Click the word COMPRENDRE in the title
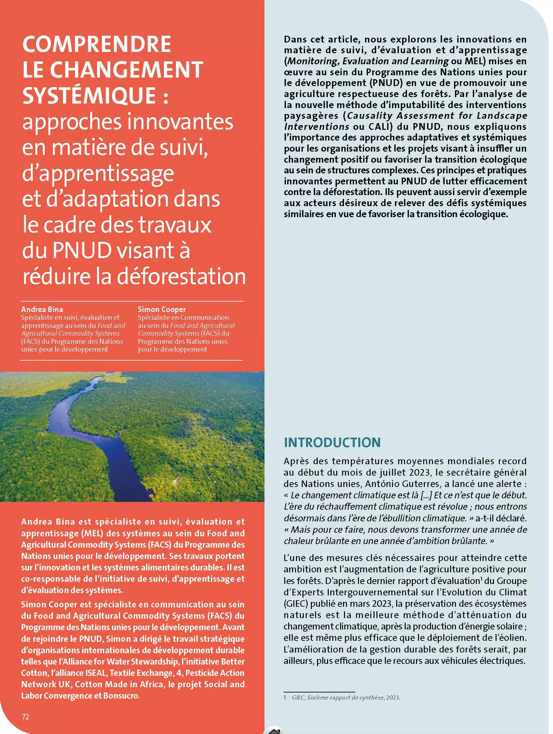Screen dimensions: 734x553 [96, 44]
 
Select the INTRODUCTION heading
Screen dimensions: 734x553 [332, 443]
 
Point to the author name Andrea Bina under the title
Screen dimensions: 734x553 [42, 309]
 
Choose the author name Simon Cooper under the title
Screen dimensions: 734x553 [162, 309]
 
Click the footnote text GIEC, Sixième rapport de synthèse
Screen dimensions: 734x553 [345, 698]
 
